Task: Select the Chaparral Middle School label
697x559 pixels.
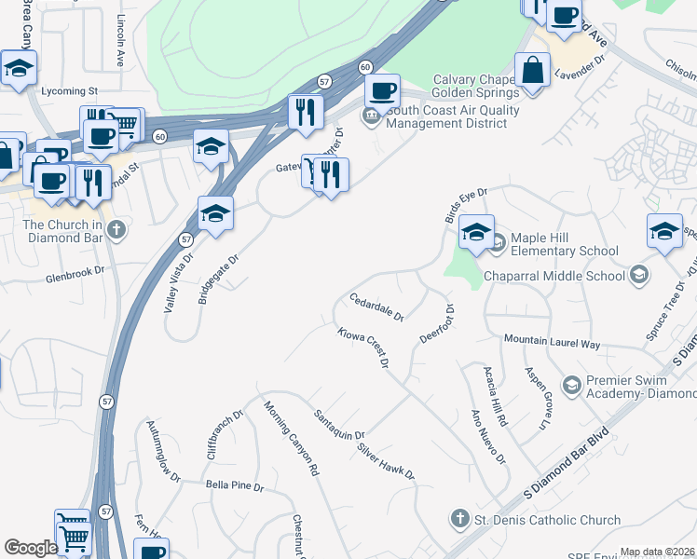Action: (x=554, y=276)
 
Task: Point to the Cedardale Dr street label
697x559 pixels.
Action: (x=376, y=307)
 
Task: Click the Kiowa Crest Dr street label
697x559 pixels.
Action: (x=362, y=346)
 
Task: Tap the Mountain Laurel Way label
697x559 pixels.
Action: (x=552, y=343)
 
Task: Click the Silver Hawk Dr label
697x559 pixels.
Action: (x=386, y=460)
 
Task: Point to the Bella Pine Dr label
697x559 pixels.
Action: (x=235, y=486)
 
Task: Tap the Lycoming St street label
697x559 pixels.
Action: (x=70, y=91)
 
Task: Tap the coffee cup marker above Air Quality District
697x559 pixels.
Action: (x=381, y=90)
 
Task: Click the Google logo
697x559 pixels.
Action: (x=31, y=548)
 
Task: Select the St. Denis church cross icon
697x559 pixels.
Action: (x=458, y=518)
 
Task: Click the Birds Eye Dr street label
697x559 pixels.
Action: (x=466, y=206)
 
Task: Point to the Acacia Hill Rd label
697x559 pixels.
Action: (x=495, y=396)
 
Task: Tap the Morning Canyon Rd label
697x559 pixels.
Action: (x=291, y=438)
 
